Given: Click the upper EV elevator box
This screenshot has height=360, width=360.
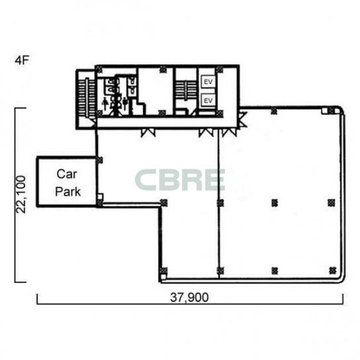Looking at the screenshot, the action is pos(208,81).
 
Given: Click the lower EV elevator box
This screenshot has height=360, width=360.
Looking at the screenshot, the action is pos(208,101).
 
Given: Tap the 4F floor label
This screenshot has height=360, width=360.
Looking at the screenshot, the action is pos(22,60).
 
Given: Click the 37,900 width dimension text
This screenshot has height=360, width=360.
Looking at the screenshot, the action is pos(189,297).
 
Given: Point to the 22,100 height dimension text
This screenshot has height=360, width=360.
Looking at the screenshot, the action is pos(21,195).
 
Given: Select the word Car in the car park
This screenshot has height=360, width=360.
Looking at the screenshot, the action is pos(67,174).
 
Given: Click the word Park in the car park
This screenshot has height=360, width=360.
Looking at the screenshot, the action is pos(68,192).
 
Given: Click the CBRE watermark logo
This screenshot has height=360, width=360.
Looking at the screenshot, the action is pos(180,180).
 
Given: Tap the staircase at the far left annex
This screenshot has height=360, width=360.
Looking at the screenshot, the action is pos(87,98).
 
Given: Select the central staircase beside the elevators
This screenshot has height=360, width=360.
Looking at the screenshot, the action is pos(186,90).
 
